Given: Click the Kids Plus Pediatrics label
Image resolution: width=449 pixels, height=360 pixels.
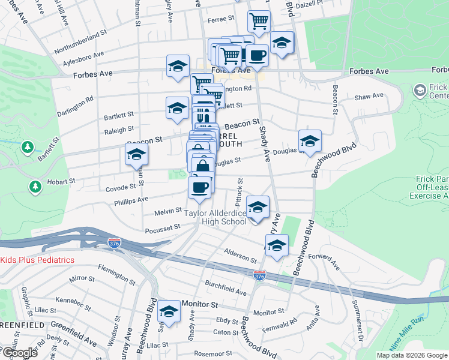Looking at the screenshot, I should (37, 260).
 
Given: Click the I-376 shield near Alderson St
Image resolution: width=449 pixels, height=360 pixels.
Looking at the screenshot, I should (259, 275).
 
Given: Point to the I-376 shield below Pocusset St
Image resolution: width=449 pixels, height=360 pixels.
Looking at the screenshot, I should (114, 243).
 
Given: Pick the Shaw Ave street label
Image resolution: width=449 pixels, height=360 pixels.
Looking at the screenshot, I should (369, 96).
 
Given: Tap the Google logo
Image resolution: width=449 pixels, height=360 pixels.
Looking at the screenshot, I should (19, 353).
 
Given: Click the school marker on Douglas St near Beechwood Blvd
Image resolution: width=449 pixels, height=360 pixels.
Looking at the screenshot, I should (310, 142).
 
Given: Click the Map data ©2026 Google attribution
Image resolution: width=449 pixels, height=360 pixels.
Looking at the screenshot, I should (412, 355).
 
